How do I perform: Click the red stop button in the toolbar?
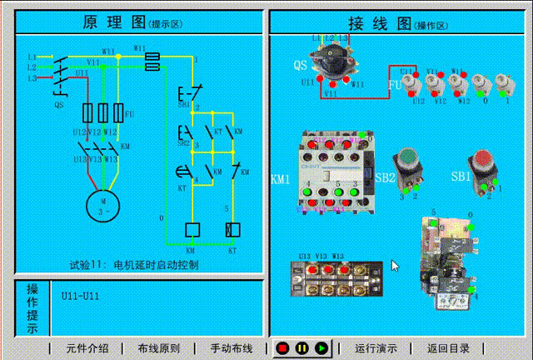283,347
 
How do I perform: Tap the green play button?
321,347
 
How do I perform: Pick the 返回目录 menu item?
449,348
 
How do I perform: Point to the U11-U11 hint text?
80,296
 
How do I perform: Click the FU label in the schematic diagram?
130,112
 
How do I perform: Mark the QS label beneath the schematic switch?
58,106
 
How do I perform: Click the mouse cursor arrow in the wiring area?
395,266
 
